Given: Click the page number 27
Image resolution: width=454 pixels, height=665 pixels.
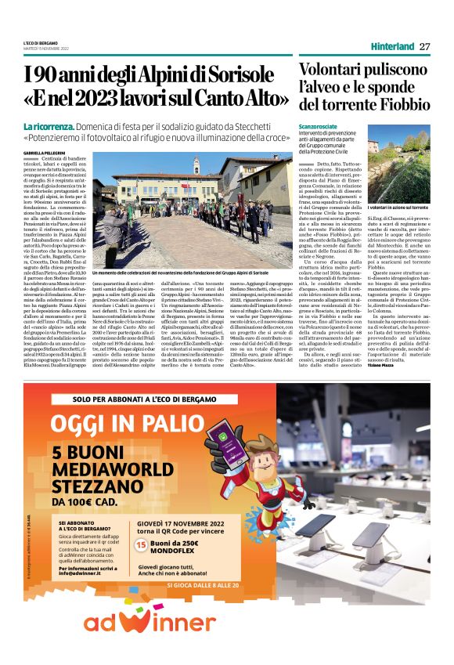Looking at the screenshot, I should pos(424,46).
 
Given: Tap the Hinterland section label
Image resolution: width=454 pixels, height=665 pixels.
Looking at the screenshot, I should pos(392,46).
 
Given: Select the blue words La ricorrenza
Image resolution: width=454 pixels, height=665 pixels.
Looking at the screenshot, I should pos(49,126).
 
